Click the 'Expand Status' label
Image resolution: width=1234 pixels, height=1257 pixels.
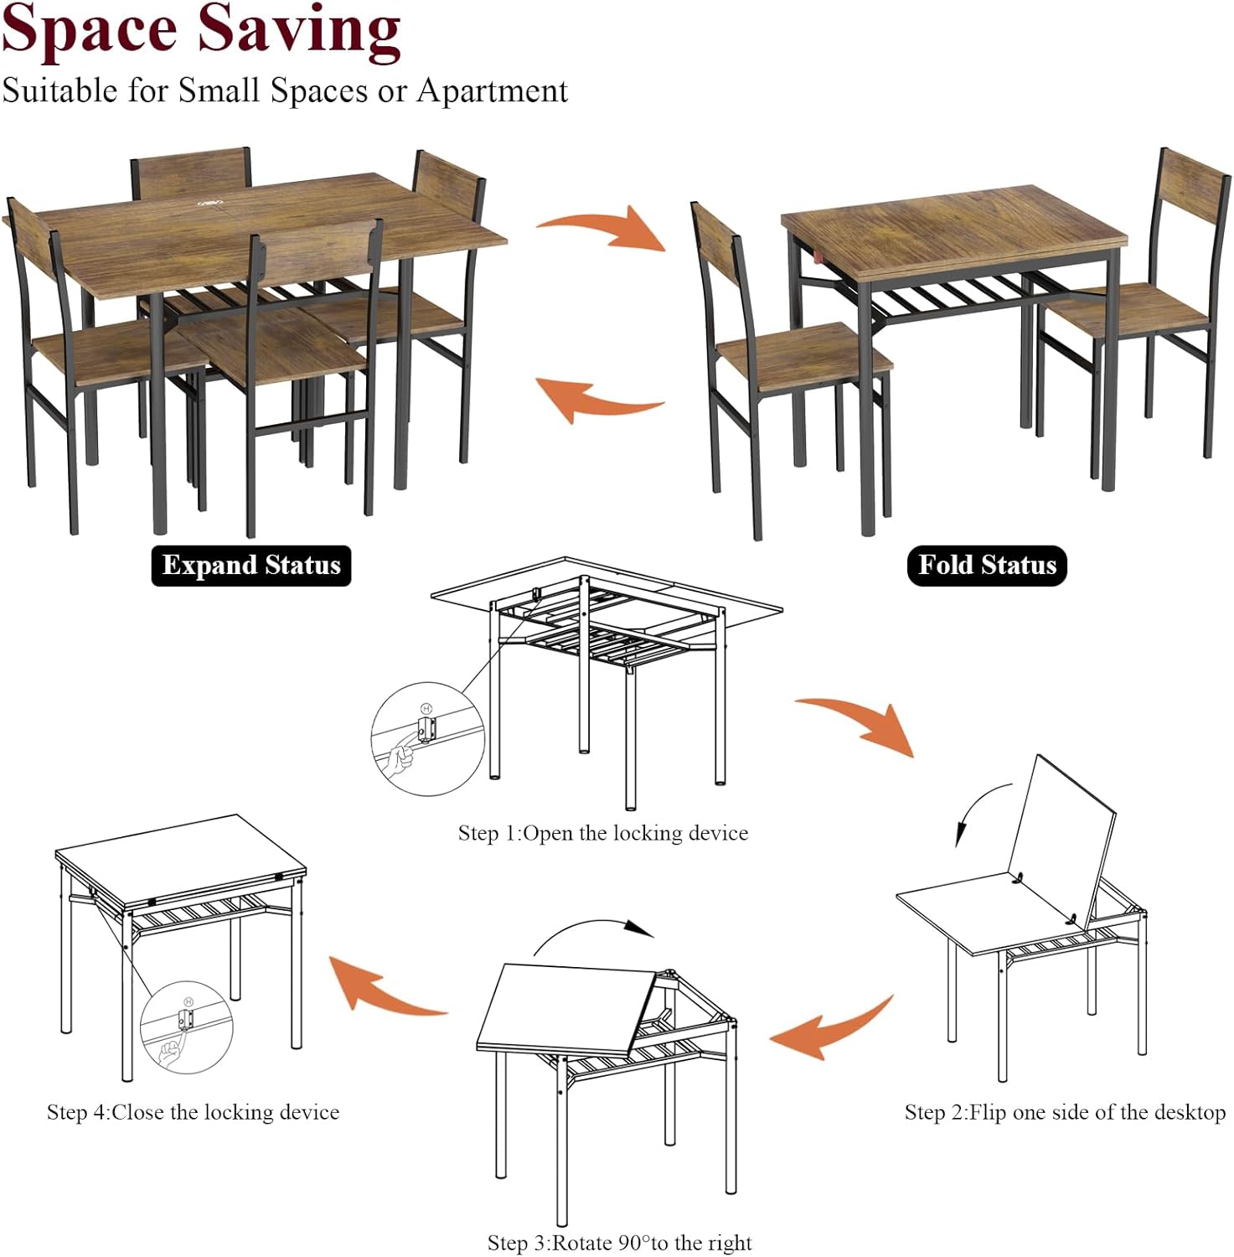click(250, 565)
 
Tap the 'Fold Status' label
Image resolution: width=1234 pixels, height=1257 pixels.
click(987, 565)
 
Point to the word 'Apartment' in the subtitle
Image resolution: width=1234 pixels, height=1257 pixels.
click(493, 91)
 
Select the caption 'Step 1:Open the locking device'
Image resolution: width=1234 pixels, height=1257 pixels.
click(602, 833)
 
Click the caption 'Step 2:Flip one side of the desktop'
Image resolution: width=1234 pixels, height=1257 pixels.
click(1065, 1112)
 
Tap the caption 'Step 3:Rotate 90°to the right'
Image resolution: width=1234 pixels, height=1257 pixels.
click(619, 1242)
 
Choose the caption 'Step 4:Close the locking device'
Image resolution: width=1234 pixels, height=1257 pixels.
click(193, 1112)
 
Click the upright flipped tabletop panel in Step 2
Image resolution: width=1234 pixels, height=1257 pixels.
click(1062, 838)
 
